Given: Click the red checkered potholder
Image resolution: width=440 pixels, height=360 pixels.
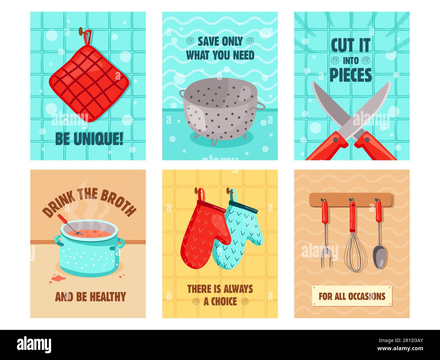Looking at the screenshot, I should click(x=89, y=83).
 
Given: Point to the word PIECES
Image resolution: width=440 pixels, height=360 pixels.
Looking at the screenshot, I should click(x=351, y=75).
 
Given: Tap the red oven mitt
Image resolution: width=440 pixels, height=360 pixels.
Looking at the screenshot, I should click(x=203, y=233).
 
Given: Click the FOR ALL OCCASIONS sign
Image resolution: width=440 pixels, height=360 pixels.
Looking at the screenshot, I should click(x=352, y=296).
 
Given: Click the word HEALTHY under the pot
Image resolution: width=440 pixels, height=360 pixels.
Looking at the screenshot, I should click(x=107, y=297).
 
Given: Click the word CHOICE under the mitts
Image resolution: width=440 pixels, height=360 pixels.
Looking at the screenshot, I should click(x=220, y=301).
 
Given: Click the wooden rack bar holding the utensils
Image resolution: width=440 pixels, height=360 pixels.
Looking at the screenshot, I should click(x=351, y=200).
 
